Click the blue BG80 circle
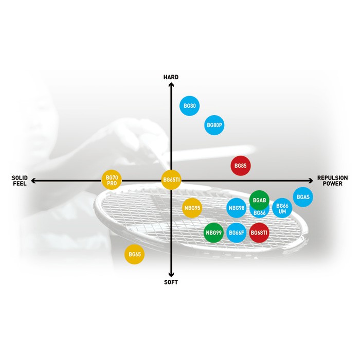pos(190,106)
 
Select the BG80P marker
pos(214,125)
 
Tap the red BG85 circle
pos(241,166)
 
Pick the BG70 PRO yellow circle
pos(112,180)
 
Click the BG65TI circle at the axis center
pos(171,180)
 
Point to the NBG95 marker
pos(192,208)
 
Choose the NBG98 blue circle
pos(237,208)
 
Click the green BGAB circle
pos(259,201)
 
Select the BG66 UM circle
pos(282,208)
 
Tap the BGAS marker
pos(303,197)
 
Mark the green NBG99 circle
pos(213,233)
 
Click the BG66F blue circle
pos(237,233)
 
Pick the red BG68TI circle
pos(259,233)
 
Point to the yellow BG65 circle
pos(135,254)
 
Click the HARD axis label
pos(171,77)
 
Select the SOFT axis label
pos(171,282)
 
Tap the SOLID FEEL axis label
pos(20,181)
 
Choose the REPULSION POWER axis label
pos(332,181)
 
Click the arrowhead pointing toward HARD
pos(171,85)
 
